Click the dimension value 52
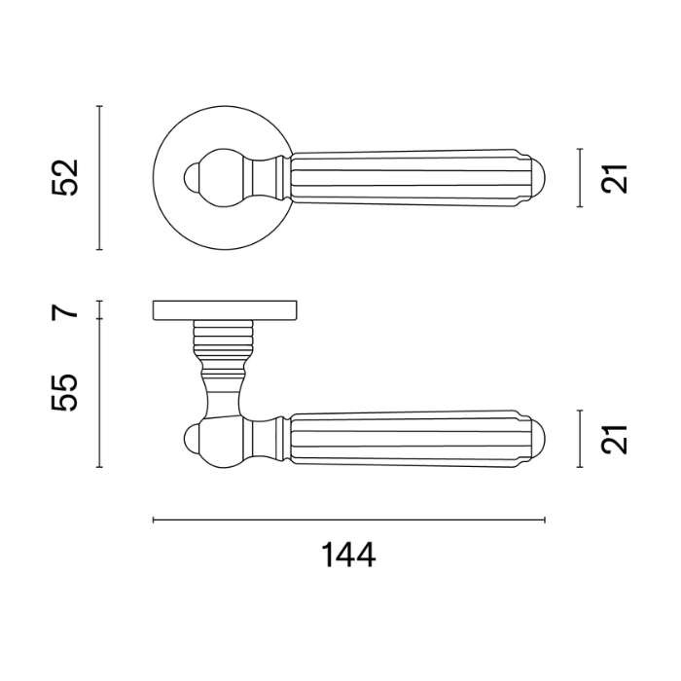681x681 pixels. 64,178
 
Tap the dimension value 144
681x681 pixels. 348,556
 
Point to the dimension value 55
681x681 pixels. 64,392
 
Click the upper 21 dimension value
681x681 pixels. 615,178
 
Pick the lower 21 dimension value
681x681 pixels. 615,440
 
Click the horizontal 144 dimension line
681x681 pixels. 348,520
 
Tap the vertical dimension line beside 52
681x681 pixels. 99,178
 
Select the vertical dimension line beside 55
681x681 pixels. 99,393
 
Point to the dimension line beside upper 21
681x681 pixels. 580,178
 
